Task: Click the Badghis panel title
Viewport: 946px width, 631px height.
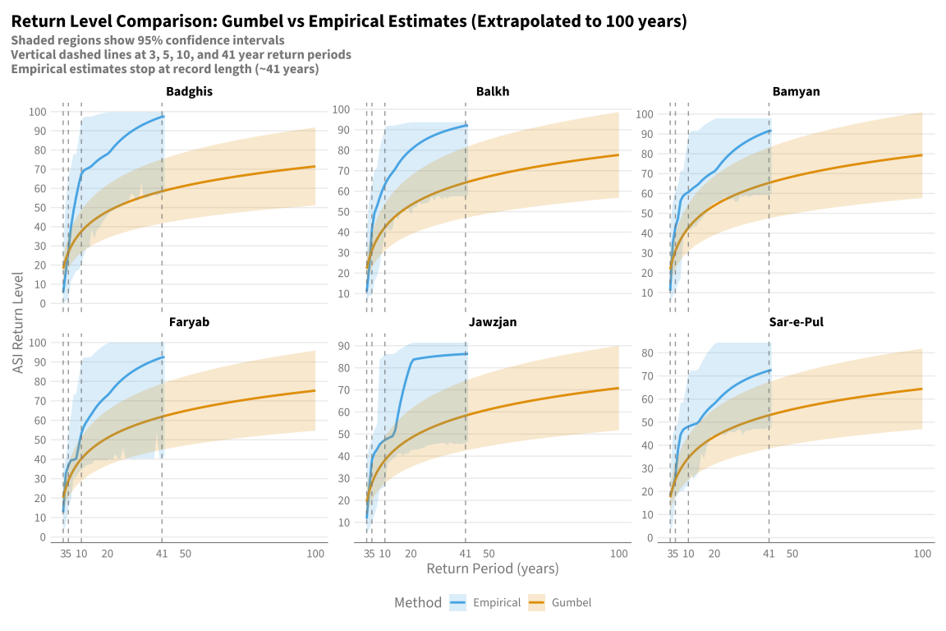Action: pos(190,92)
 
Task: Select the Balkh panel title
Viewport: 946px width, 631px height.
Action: pos(493,92)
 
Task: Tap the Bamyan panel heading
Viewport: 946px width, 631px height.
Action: pos(796,92)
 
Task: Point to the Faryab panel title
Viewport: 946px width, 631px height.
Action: pos(190,322)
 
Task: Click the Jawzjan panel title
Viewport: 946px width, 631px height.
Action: pos(493,322)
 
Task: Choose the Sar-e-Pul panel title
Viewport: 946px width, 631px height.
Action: pos(796,322)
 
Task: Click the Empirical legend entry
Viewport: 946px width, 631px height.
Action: pos(485,602)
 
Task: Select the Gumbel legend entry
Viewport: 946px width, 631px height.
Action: pos(560,602)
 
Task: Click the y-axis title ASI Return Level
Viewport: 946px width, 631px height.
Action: pos(18,323)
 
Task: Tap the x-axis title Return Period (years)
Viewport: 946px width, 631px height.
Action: pos(493,569)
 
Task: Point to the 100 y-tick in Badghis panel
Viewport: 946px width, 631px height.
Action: pos(38,112)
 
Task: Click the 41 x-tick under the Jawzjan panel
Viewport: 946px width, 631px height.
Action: pos(465,554)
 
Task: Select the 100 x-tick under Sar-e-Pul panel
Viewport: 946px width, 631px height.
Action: pos(922,554)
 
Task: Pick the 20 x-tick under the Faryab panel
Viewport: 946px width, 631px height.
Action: pos(108,554)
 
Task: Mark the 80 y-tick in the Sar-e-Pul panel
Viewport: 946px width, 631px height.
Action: pos(647,353)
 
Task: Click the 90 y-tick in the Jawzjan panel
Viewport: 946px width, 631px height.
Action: pos(343,346)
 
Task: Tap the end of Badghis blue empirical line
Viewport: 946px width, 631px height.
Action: pos(163,117)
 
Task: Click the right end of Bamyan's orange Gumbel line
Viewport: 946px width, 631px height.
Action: pos(922,155)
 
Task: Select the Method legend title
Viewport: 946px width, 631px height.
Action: pos(418,602)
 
